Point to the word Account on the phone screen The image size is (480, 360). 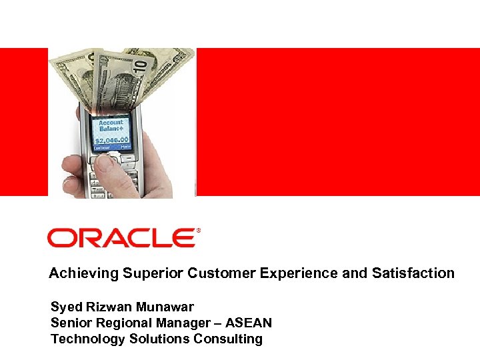click(111, 123)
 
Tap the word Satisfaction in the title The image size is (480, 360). click(413, 273)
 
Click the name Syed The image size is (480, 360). click(66, 307)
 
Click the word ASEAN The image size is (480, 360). click(248, 323)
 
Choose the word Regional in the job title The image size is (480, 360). click(123, 323)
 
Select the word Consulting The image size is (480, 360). click(228, 339)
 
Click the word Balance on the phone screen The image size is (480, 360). click(111, 129)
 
